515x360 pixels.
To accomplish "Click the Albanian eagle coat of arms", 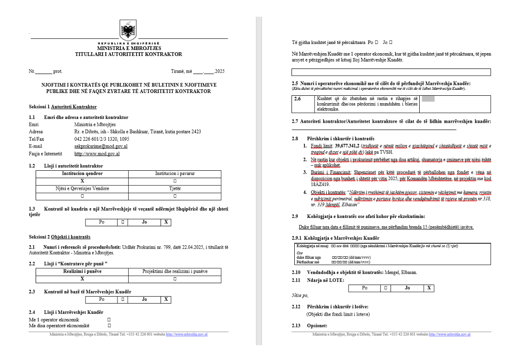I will [128, 30].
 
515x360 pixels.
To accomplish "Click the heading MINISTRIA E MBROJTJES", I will [129, 48].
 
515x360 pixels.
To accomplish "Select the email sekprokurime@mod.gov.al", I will [101, 146].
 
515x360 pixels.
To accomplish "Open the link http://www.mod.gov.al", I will [97, 154].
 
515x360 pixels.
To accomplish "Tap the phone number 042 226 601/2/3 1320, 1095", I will [101, 139].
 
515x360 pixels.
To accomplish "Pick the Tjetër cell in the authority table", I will [174, 189].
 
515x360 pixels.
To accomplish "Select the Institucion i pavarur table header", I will [174, 174].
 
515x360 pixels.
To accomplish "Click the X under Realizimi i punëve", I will [82, 279].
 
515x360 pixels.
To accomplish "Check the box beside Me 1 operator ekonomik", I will [109, 320].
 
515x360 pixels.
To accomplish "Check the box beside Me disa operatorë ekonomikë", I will [109, 326].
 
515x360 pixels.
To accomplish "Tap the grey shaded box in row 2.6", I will [428, 99].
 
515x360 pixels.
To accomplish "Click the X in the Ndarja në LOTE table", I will [429, 288].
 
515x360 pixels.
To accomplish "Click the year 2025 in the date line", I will [220, 71].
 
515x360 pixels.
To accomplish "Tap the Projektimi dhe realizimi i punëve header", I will [174, 271].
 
